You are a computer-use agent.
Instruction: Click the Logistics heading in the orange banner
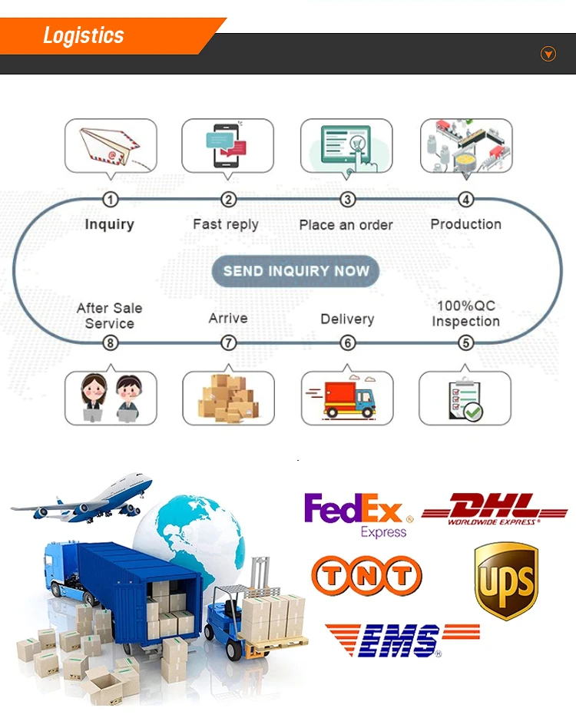(83, 35)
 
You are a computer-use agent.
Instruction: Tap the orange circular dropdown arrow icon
(548, 54)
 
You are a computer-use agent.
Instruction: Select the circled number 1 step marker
(111, 200)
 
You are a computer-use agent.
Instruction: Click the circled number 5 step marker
(465, 342)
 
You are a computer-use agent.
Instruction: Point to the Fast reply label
(226, 224)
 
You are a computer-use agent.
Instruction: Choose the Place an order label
(346, 225)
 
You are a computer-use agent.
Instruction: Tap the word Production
(465, 224)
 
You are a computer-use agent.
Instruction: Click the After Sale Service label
(110, 316)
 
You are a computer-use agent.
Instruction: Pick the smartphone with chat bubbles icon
(227, 144)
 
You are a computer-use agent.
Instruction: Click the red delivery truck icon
(347, 397)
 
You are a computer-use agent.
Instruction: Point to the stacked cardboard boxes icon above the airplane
(228, 397)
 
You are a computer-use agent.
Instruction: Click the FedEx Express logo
(358, 515)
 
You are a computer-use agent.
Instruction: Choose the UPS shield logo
(505, 580)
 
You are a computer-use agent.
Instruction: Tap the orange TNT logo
(366, 575)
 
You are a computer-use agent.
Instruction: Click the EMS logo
(401, 640)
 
